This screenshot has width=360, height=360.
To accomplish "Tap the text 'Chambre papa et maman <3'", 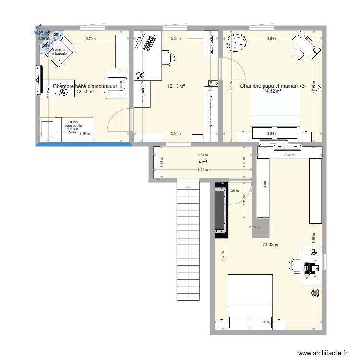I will click(x=272, y=86).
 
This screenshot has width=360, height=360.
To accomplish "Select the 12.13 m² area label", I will click(x=176, y=86).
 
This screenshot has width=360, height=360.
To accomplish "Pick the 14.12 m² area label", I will click(x=272, y=91).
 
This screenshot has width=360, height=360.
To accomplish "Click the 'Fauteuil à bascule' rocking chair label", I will click(x=60, y=52).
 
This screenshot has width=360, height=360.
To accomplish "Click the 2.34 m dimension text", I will click(x=289, y=155).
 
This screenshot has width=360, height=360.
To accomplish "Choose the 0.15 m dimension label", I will click(x=253, y=228).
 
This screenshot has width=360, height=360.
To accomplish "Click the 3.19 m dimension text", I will click(x=84, y=134).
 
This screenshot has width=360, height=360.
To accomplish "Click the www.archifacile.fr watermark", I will click(x=322, y=353).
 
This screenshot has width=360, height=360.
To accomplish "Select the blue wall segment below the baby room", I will click(x=84, y=143).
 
